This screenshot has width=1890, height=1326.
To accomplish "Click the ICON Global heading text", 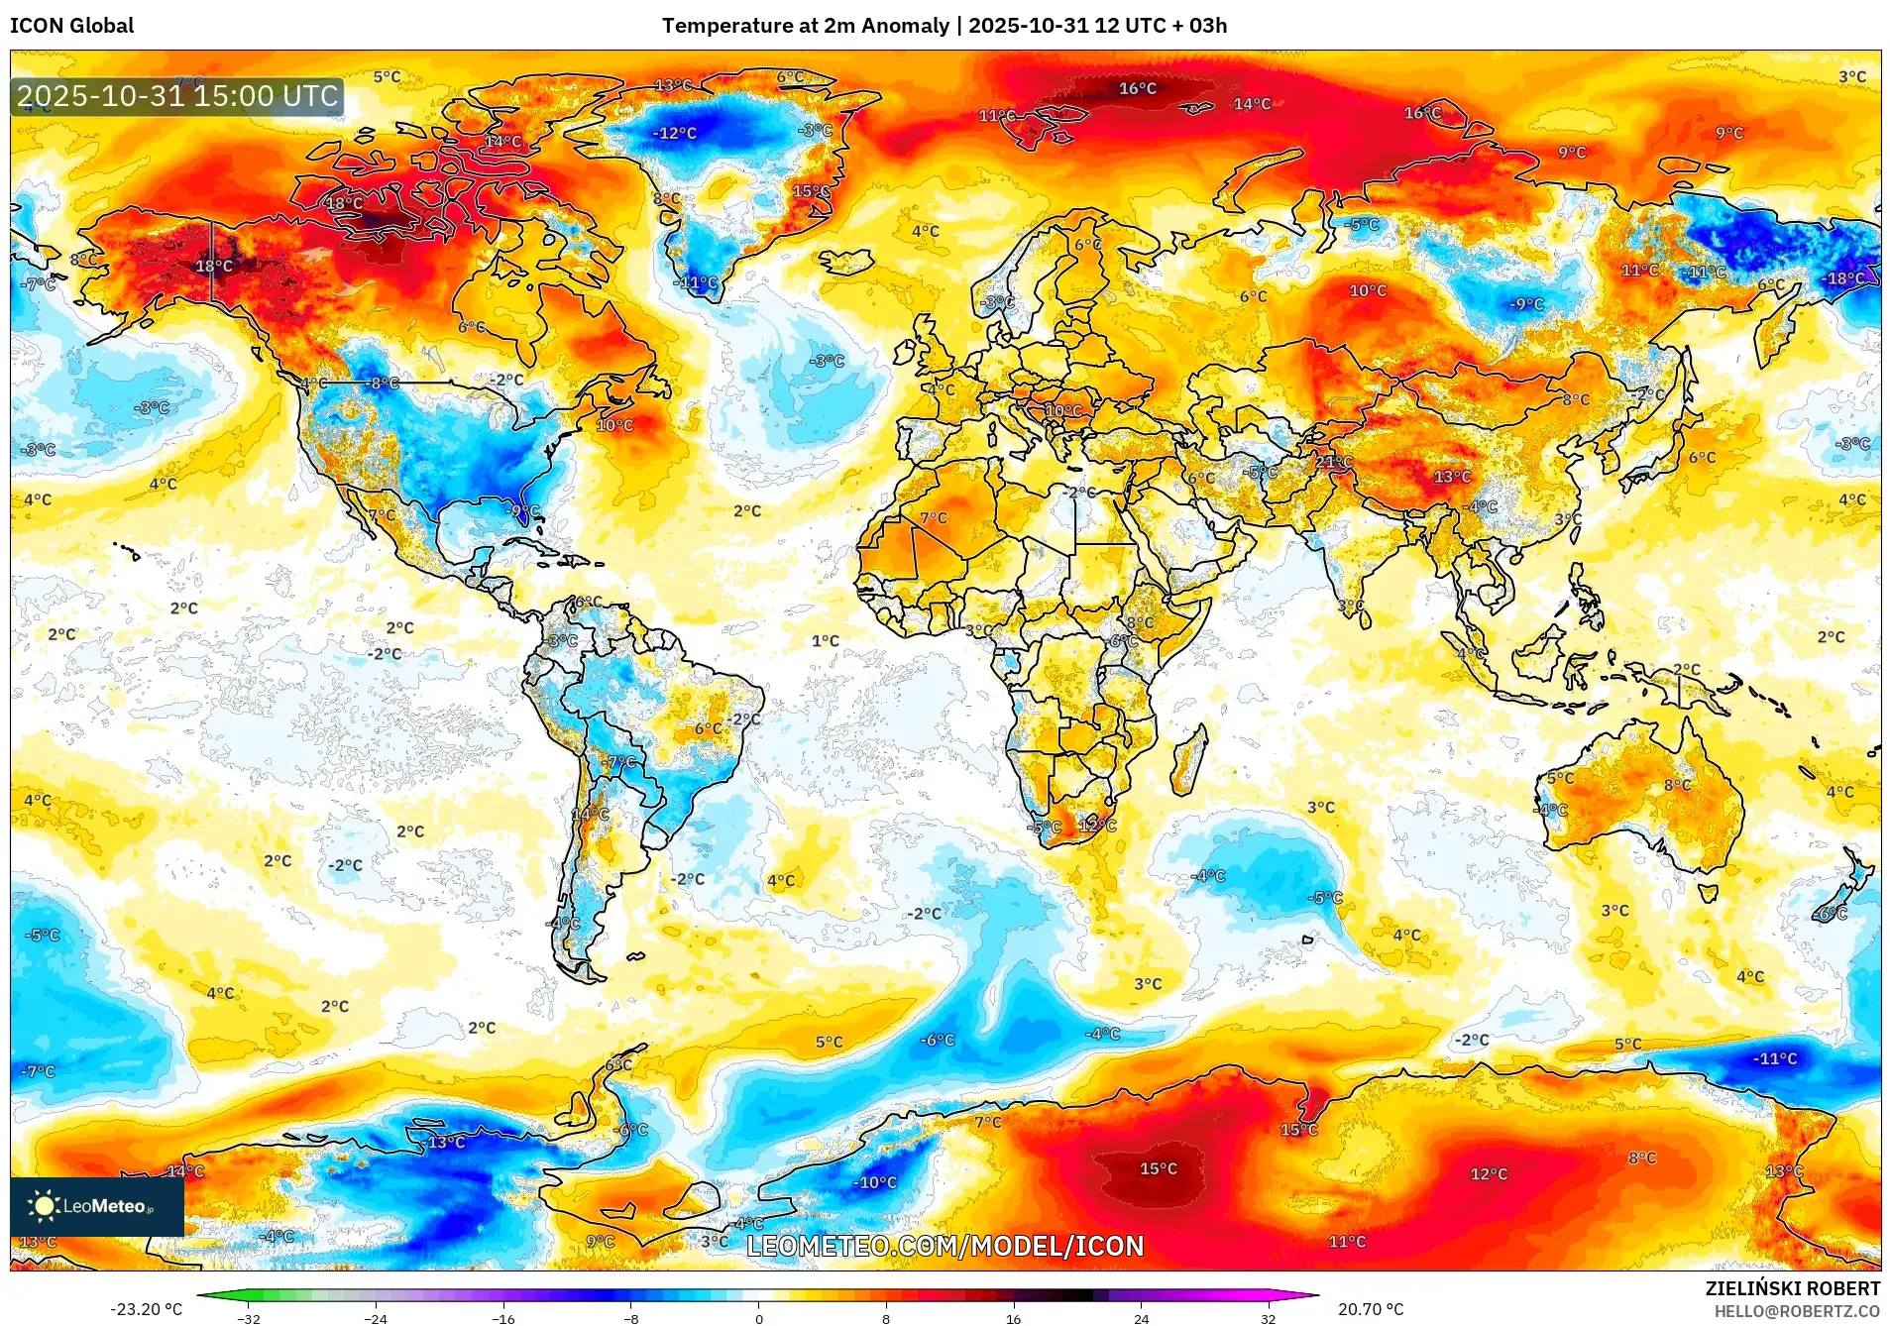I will click(x=72, y=26).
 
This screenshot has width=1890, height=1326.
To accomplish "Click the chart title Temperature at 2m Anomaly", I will click(x=805, y=26).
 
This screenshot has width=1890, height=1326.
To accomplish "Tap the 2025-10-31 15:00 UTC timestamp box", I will click(x=177, y=96).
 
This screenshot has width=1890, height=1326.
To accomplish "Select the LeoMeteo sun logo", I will click(x=44, y=1205).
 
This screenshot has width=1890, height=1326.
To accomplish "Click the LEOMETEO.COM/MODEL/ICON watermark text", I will click(x=945, y=1246).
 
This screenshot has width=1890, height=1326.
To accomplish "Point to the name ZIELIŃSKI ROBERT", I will click(x=1792, y=1288).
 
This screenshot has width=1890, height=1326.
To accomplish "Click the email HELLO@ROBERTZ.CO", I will click(x=1797, y=1311).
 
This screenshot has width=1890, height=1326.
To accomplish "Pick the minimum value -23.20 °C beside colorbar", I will click(x=147, y=1309).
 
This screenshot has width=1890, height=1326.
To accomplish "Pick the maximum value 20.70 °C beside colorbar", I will click(x=1371, y=1309).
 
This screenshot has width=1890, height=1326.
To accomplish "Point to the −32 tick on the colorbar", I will click(x=249, y=1318).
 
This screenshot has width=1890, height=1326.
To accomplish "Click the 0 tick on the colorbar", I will click(x=759, y=1318).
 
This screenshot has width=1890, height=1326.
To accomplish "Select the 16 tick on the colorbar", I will click(x=1013, y=1318).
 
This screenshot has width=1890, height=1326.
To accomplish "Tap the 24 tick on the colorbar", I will click(x=1142, y=1318).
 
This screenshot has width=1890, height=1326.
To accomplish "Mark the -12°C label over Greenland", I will click(x=674, y=133).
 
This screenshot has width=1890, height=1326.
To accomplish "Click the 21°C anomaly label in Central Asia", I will click(x=1333, y=462).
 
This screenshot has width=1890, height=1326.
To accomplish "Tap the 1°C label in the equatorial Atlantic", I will click(x=825, y=641).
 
